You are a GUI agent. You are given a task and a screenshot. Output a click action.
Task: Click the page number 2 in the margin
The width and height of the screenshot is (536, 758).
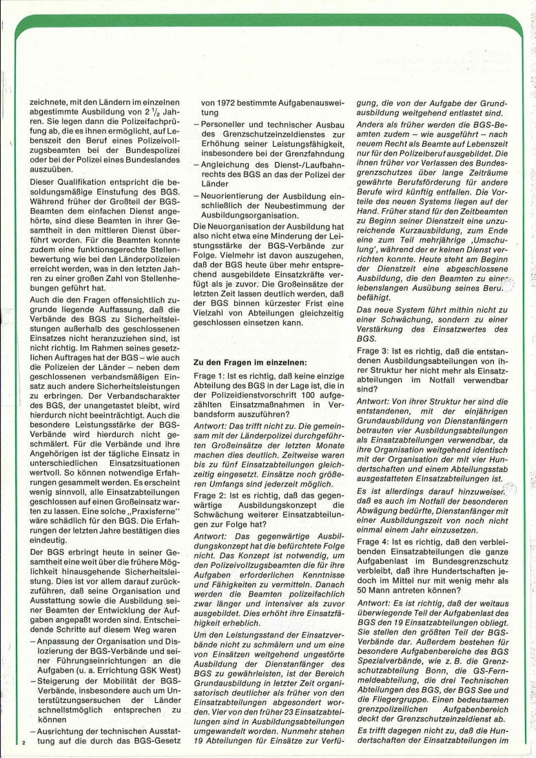point(23,743)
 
